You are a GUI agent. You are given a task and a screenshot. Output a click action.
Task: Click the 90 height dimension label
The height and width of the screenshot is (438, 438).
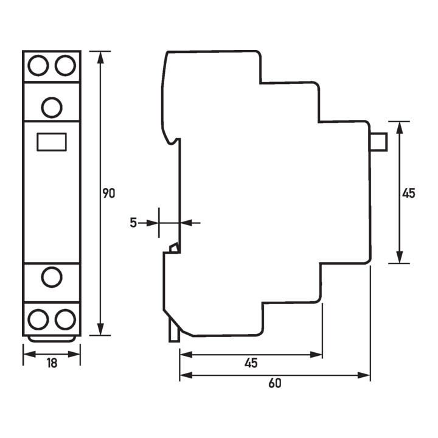click(109, 193)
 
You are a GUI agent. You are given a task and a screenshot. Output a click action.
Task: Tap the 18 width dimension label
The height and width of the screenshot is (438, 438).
click(52, 363)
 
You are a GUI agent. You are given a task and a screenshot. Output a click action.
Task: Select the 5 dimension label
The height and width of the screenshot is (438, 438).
click(133, 223)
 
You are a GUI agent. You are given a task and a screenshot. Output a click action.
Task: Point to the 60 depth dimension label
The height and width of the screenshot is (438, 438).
click(275, 383)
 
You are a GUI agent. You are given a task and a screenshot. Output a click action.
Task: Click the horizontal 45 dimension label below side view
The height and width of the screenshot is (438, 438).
click(251, 363)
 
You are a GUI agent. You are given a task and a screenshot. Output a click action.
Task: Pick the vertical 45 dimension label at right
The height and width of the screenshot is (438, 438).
click(409, 193)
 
